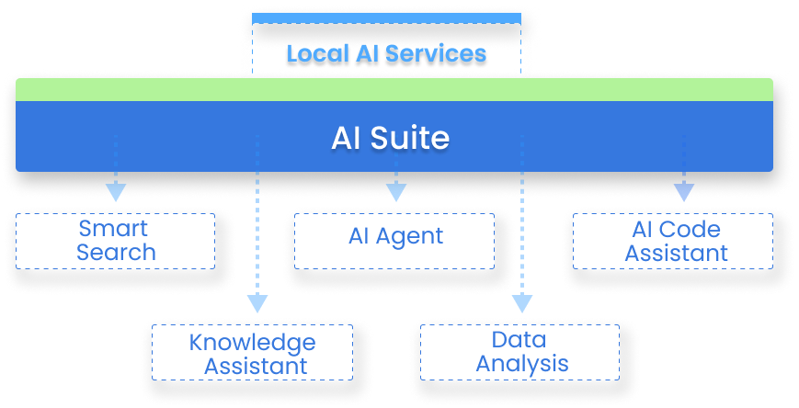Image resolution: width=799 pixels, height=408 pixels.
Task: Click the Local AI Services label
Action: [385, 53]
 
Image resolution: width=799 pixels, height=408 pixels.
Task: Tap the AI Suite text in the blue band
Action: [390, 138]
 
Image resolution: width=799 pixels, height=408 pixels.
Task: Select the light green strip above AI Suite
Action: [394, 89]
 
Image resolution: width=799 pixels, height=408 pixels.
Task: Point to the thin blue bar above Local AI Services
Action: [385, 17]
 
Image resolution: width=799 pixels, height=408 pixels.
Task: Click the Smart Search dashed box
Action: [116, 241]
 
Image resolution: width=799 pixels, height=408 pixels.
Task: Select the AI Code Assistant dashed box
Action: [676, 241]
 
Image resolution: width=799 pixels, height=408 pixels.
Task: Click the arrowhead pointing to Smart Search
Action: [115, 191]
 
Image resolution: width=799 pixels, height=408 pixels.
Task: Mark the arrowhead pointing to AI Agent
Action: [395, 191]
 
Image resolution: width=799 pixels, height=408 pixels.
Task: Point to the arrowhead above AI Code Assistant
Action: [682, 191]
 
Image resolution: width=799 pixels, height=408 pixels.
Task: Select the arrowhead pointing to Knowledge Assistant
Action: [257, 303]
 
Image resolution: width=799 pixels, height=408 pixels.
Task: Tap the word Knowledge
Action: [252, 343]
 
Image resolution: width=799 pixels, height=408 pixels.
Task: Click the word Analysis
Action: [521, 364]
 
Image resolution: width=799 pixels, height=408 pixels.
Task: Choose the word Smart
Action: [113, 229]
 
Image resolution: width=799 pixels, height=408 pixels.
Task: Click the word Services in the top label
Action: [436, 53]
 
